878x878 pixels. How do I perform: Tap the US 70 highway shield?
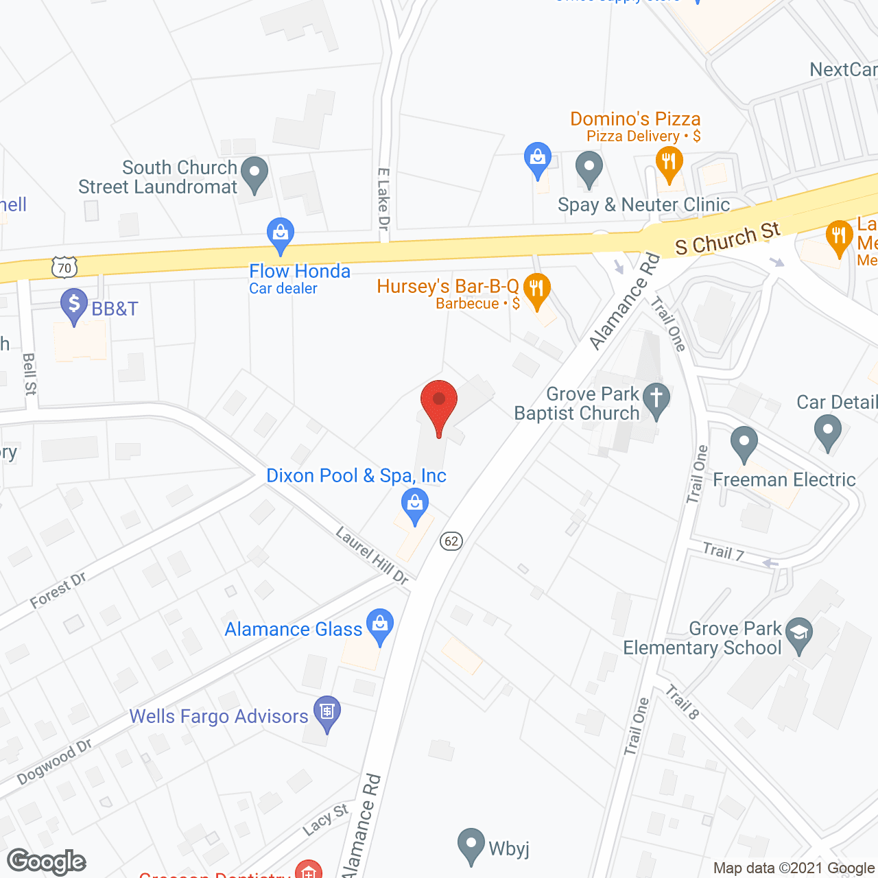pos(64,267)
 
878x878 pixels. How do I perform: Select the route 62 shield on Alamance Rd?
pos(451,541)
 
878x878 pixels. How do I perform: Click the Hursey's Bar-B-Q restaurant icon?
pos(537,289)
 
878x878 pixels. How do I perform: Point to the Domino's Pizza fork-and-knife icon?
pos(668,164)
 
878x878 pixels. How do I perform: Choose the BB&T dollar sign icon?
pos(74,305)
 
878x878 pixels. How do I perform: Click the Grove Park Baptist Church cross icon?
pos(657,400)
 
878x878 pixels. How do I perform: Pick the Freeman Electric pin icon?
pos(744,443)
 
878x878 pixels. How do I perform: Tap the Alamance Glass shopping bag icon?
pos(379,626)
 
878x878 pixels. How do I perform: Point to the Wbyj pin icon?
pos(471,845)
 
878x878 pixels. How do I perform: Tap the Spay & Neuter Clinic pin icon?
pos(589,167)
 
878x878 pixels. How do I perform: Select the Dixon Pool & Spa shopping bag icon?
pos(414,506)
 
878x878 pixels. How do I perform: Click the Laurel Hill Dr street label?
pos(372,555)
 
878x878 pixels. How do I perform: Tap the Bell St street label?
pos(29,374)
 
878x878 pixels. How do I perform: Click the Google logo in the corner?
pos(47,862)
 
